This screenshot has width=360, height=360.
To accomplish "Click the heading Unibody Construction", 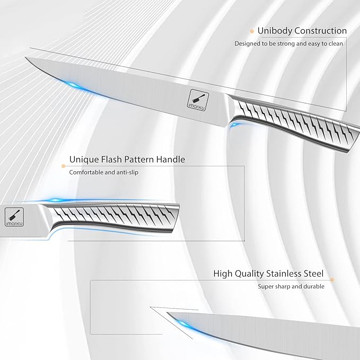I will click(302, 31).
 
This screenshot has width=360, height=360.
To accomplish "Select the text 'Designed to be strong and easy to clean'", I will click(289, 43).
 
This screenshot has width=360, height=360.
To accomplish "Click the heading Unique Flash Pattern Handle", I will click(127, 159).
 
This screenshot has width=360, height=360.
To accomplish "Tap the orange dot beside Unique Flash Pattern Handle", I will click(65, 159).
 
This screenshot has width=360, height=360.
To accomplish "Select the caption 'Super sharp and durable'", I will click(291, 286).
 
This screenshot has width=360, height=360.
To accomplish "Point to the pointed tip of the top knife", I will click(27, 59).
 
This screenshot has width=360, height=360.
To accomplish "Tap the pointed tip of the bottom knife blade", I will click(168, 313).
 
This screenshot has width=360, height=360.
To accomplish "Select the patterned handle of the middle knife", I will click(117, 214).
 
